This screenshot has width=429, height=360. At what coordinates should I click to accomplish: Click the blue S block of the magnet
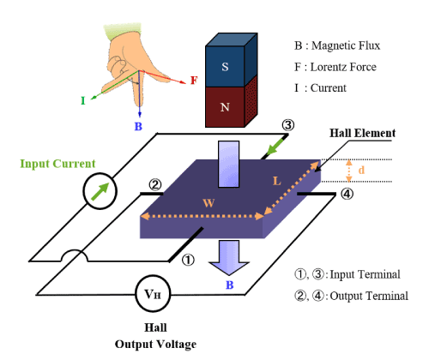[225, 66]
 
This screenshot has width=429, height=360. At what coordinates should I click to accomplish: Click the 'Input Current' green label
[57, 164]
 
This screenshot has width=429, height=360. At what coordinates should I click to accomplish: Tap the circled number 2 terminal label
[154, 185]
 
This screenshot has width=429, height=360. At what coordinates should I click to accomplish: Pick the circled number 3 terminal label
[288, 125]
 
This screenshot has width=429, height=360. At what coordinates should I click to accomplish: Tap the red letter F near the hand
[194, 81]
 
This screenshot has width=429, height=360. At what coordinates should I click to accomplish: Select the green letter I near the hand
[82, 100]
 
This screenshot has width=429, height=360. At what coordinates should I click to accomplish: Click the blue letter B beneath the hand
[137, 127]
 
